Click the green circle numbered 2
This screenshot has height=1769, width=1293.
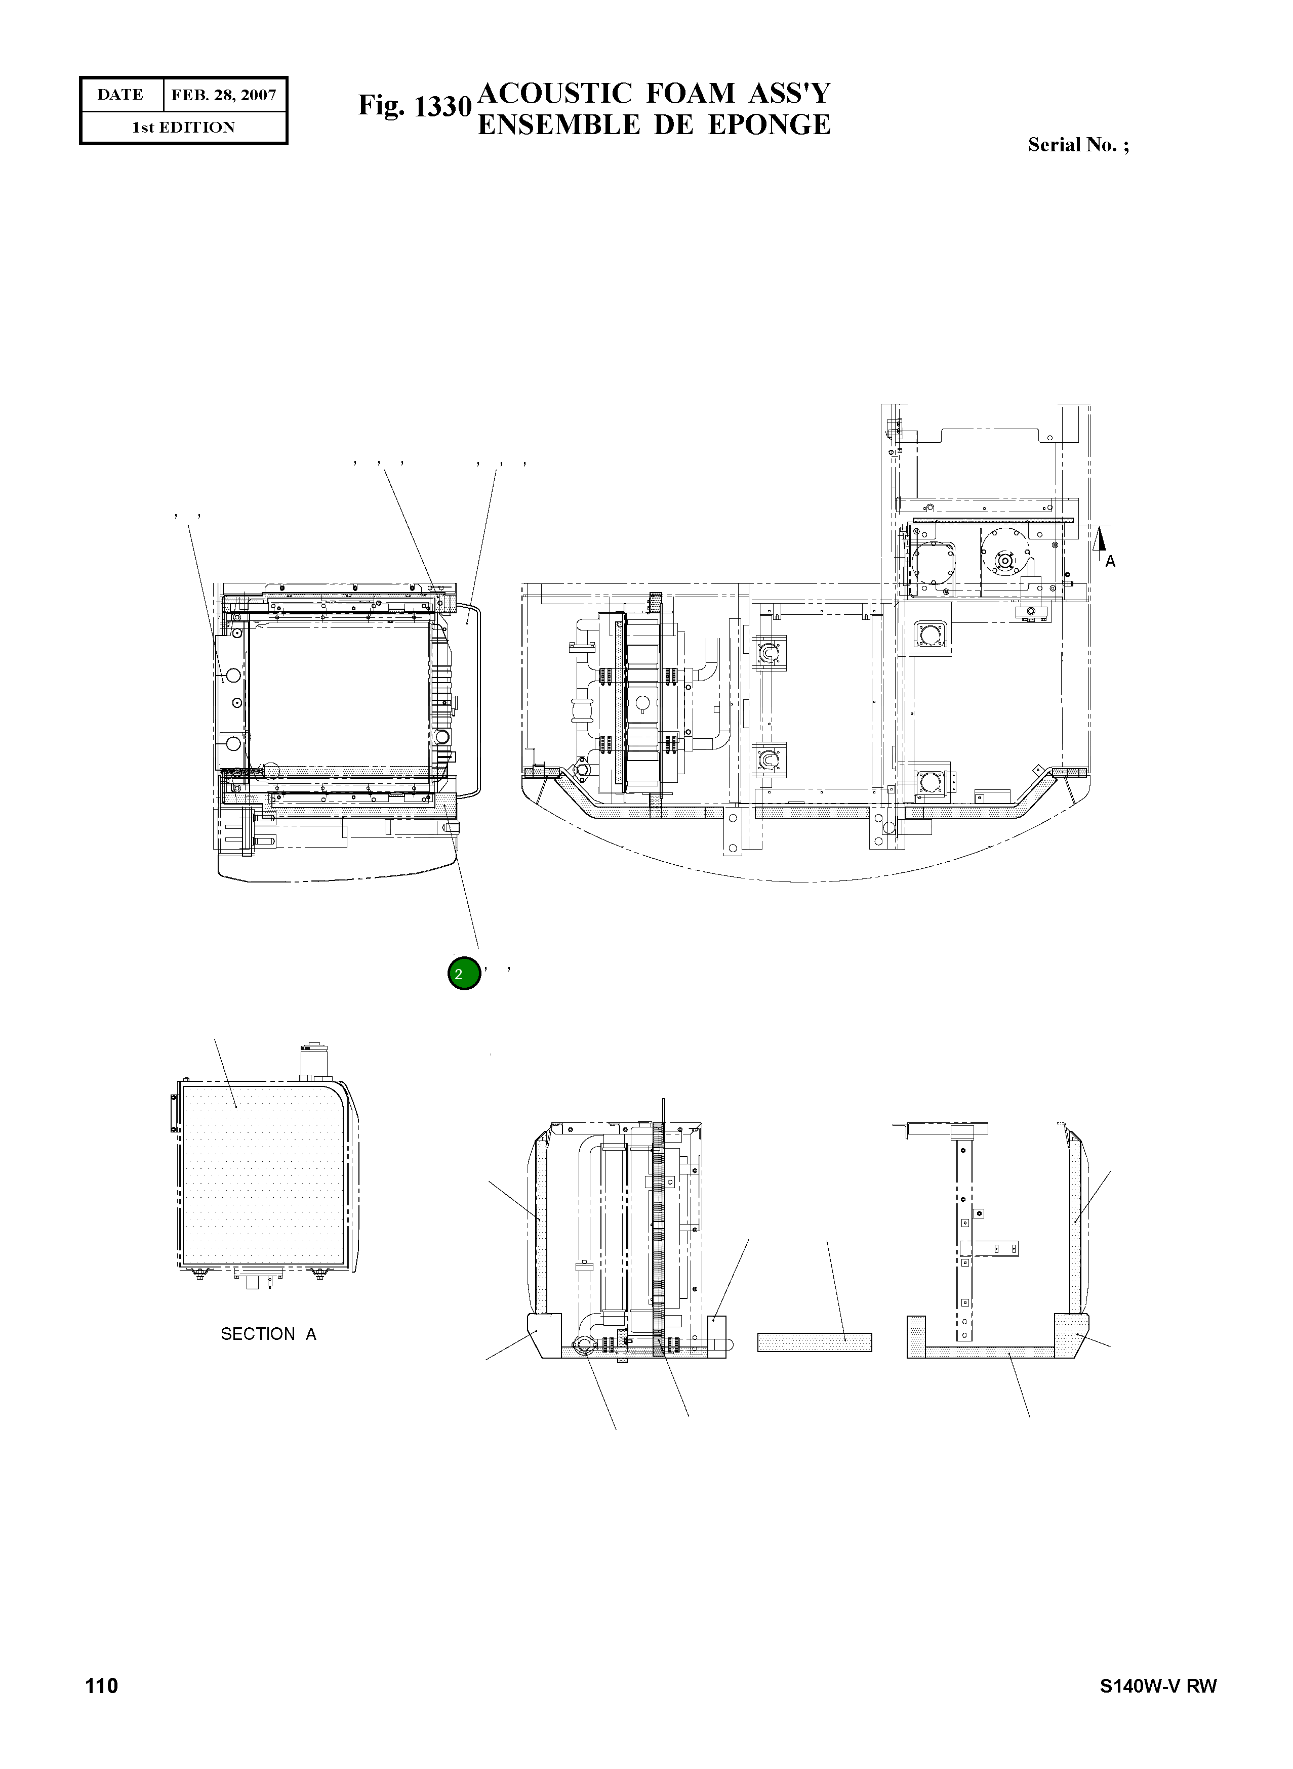pos(463,973)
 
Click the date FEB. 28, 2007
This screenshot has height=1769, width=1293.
pos(224,96)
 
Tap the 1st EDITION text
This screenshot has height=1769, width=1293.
pos(183,128)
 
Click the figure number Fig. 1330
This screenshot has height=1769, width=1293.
pos(414,106)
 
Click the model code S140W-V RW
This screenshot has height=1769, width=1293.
pos(1158,1686)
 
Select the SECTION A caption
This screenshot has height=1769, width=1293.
pos(268,1334)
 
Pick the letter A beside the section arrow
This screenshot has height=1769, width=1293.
pos(1110,562)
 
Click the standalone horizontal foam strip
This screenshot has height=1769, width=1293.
pos(814,1342)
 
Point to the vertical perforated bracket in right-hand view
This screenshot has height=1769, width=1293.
pos(965,1244)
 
